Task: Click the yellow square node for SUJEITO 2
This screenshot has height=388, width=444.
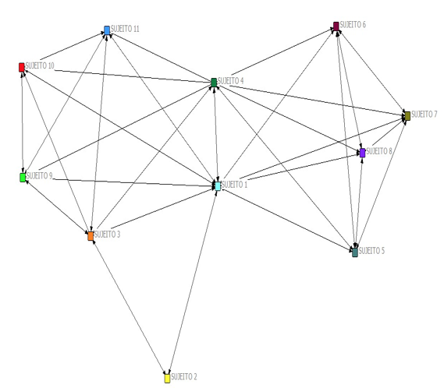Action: (167, 378)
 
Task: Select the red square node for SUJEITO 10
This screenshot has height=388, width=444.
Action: (22, 67)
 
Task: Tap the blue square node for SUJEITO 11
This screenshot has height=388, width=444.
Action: (107, 30)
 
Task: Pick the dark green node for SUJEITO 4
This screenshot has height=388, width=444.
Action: (214, 83)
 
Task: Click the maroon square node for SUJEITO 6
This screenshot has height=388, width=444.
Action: (336, 26)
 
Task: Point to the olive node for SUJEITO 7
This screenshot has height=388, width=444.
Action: (407, 116)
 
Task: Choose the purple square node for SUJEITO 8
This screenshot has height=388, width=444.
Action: (362, 153)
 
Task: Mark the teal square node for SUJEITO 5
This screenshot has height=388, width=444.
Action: (355, 252)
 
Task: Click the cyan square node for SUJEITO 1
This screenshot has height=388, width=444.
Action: (218, 186)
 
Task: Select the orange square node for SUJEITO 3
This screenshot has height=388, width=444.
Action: (91, 236)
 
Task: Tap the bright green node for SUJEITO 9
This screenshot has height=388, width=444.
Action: (23, 178)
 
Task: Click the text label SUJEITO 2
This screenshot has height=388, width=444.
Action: (184, 376)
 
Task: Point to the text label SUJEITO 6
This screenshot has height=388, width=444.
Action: (353, 25)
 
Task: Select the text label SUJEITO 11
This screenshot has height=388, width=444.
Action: (125, 29)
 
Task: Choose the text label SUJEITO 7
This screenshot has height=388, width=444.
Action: (424, 115)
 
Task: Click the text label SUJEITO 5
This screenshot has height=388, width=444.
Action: (371, 251)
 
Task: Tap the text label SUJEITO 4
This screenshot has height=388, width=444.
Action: (231, 80)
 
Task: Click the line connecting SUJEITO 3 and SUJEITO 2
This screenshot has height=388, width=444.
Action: (129, 307)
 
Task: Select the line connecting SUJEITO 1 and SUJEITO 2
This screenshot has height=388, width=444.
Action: (193, 282)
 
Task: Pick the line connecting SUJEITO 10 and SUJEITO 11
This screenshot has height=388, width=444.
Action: (73, 46)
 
